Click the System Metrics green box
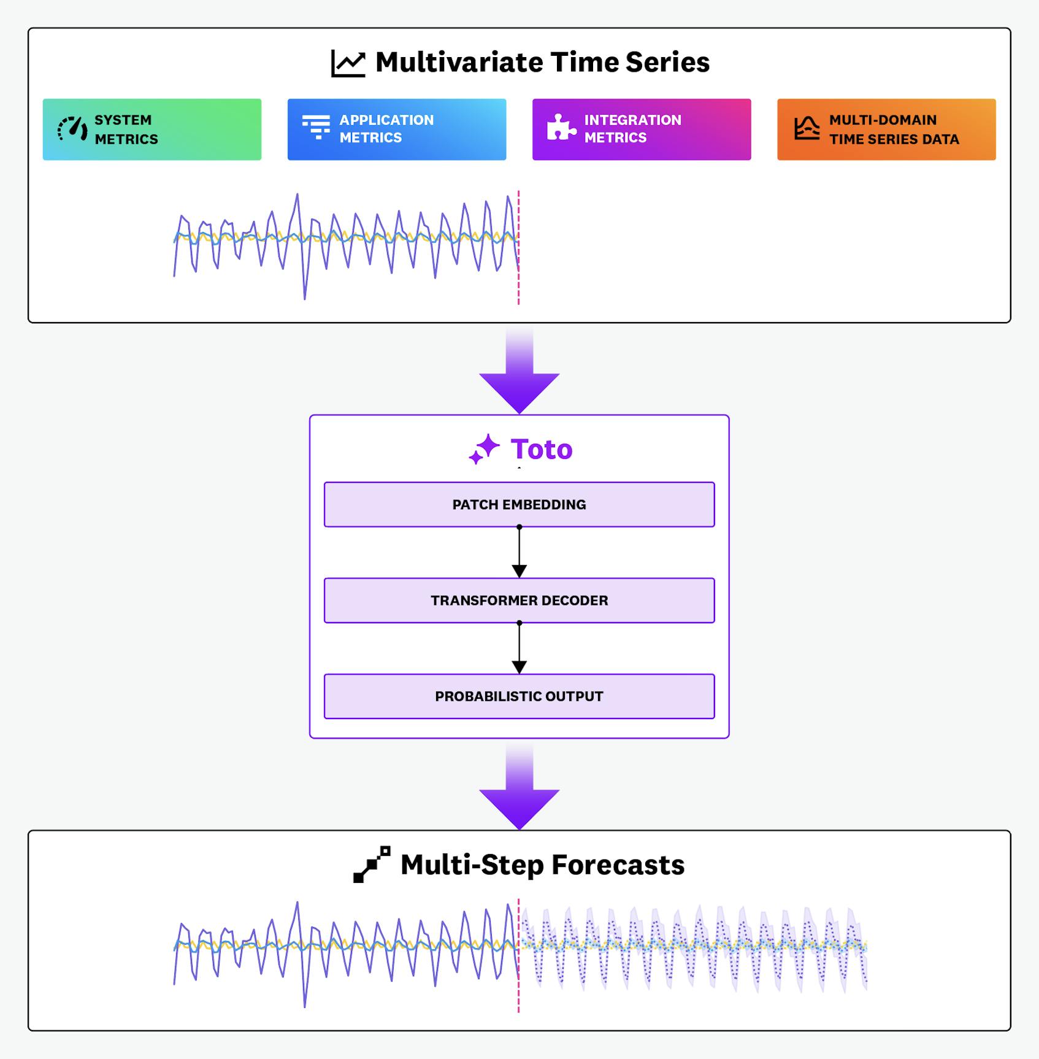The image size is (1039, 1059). coord(151,129)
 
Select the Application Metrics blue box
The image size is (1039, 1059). coord(396,129)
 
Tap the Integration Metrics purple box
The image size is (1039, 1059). coord(641,129)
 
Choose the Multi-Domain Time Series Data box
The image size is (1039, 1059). coord(886,129)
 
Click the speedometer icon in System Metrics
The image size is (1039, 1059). coord(72,129)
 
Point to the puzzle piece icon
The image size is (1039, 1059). coord(561,128)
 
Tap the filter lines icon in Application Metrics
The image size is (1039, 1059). coord(316,127)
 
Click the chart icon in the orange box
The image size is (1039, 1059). coord(807,128)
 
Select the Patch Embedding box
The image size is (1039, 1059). coord(519,504)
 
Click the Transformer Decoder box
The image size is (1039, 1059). coord(519,600)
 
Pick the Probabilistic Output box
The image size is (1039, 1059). coord(519,696)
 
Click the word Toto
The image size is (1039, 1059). coord(542,449)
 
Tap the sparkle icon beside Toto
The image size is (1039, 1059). coord(484,449)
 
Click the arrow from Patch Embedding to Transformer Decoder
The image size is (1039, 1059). coord(519,552)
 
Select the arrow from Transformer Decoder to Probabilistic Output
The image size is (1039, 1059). coord(519,649)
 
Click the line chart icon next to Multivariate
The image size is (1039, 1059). coord(348,63)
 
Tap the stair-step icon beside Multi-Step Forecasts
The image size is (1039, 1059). coord(371,865)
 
